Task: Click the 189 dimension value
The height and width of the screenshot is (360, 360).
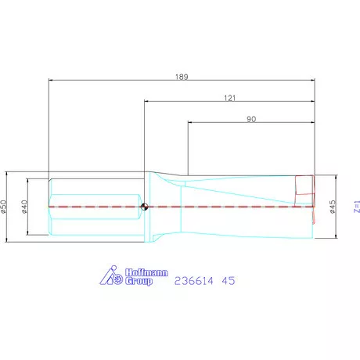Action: pyautogui.click(x=182, y=77)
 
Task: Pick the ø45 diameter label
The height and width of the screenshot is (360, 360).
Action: pyautogui.click(x=333, y=207)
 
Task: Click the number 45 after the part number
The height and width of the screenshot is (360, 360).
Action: pyautogui.click(x=228, y=279)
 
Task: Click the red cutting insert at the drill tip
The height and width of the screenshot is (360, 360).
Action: pyautogui.click(x=304, y=188)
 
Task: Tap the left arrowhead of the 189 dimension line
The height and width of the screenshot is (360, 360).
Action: pyautogui.click(x=51, y=81)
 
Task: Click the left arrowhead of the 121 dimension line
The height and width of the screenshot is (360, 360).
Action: pyautogui.click(x=146, y=102)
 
